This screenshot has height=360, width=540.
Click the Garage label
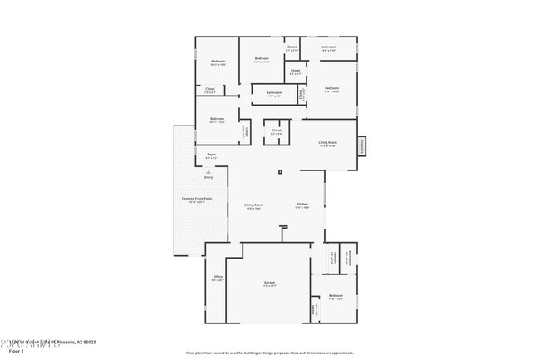(x=269, y=284)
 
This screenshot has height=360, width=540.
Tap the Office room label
(x=218, y=279)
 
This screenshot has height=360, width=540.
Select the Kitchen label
(x=303, y=206)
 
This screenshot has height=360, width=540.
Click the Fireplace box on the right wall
(x=361, y=145)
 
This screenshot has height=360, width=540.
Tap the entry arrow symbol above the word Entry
(x=209, y=171)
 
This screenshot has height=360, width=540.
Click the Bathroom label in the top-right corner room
(x=327, y=49)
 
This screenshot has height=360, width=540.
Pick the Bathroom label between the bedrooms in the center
(x=273, y=94)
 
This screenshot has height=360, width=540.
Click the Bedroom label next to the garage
(x=336, y=297)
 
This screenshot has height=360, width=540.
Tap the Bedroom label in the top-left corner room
(x=218, y=62)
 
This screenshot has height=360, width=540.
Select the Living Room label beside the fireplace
(x=327, y=143)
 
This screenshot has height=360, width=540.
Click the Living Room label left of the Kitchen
(x=253, y=206)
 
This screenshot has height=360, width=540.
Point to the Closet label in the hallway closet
(x=276, y=131)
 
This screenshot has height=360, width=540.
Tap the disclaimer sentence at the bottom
(x=269, y=353)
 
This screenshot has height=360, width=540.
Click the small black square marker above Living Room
(x=281, y=172)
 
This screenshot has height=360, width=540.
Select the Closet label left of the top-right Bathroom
(x=292, y=48)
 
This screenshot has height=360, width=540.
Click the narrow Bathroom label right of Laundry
(x=350, y=258)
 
